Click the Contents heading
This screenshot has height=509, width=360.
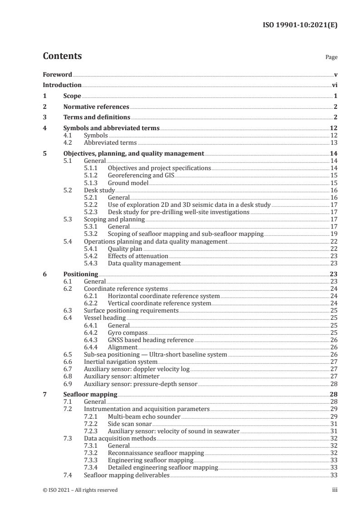tap(62, 56)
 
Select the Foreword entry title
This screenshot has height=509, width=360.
tap(57, 74)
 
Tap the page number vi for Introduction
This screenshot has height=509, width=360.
tap(334, 85)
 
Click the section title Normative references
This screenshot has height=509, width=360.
tap(96, 107)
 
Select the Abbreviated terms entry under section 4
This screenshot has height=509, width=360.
tap(106, 142)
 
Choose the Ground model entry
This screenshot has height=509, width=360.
tap(128, 183)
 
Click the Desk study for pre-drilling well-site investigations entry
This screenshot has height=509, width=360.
tap(178, 212)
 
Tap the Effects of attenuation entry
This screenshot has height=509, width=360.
tap(138, 256)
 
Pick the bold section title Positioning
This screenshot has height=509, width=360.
tap(80, 274)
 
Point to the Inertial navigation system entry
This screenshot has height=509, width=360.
tap(121, 362)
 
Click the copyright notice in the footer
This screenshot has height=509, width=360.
tap(80, 490)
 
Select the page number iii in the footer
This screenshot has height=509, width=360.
tap(335, 490)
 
